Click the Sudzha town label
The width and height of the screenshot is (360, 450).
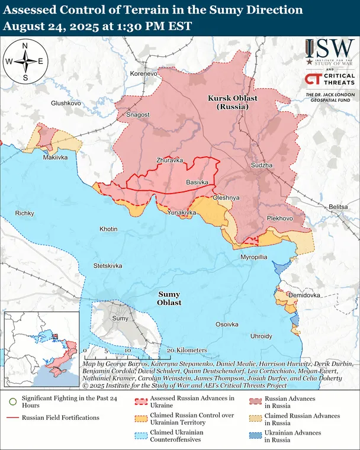(262, 165)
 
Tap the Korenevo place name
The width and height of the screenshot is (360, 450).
(144, 73)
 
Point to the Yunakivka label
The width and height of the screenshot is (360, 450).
(182, 212)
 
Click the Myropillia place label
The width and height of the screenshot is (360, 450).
(254, 257)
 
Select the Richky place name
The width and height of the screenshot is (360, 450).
(25, 213)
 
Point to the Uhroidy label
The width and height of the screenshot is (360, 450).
(261, 336)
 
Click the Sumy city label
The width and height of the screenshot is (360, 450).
(120, 319)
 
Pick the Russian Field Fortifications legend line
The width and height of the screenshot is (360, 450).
(12, 418)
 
